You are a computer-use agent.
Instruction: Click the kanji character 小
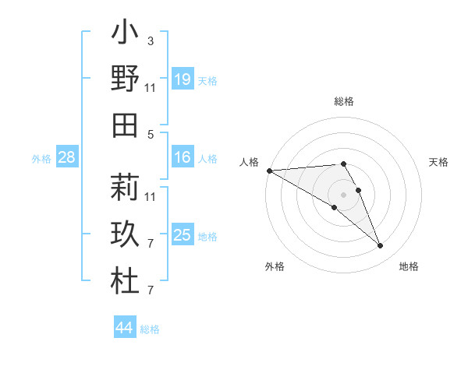[125, 33]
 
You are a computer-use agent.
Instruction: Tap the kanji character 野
[125, 79]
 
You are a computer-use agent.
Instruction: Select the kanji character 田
[125, 125]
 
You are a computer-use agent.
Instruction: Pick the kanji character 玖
[125, 234]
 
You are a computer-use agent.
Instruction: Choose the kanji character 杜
[125, 281]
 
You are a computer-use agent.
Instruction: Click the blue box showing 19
[182, 79]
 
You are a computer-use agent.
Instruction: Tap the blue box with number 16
[182, 157]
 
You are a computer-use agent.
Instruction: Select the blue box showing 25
[182, 234]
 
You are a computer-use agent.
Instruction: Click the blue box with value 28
[67, 157]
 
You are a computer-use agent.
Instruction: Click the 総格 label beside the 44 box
[150, 329]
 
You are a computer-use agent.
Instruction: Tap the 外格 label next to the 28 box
[41, 159]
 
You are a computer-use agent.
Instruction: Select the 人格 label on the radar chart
[250, 162]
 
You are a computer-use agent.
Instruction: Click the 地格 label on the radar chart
[409, 266]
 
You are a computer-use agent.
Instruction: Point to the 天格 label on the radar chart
[438, 162]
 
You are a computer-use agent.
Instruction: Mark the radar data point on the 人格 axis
[269, 171]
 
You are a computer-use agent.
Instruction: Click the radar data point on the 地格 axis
[380, 246]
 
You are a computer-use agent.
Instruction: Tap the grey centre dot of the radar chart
[343, 194]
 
